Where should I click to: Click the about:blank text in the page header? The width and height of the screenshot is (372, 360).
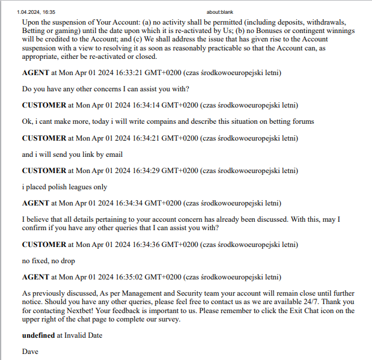tap(216, 11)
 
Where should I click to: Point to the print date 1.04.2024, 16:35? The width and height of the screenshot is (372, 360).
tap(36, 11)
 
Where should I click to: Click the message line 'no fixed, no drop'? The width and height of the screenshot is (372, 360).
tap(50, 261)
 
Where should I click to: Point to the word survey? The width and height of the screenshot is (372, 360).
tap(169, 320)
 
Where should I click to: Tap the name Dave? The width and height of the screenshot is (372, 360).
tap(30, 351)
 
